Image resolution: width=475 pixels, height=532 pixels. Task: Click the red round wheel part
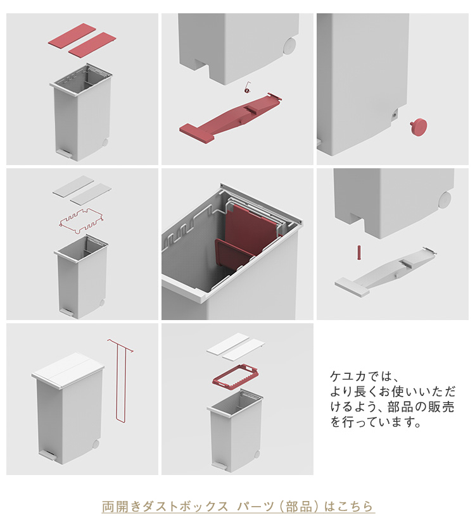419,127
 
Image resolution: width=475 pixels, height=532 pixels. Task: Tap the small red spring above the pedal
247,87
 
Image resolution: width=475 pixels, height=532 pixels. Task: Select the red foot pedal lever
231,116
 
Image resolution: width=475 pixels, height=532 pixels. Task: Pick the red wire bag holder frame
81,221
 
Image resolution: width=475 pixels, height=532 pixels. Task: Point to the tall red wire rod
120,380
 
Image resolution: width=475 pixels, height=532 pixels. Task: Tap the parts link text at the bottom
238,507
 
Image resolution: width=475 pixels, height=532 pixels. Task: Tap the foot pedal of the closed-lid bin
48,455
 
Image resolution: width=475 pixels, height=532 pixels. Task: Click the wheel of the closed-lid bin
96,444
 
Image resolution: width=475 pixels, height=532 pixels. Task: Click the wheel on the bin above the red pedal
290,46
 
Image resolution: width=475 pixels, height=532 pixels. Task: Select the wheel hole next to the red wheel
395,114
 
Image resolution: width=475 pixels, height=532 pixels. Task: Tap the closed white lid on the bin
68,370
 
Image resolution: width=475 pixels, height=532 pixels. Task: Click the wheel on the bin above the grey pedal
445,199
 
